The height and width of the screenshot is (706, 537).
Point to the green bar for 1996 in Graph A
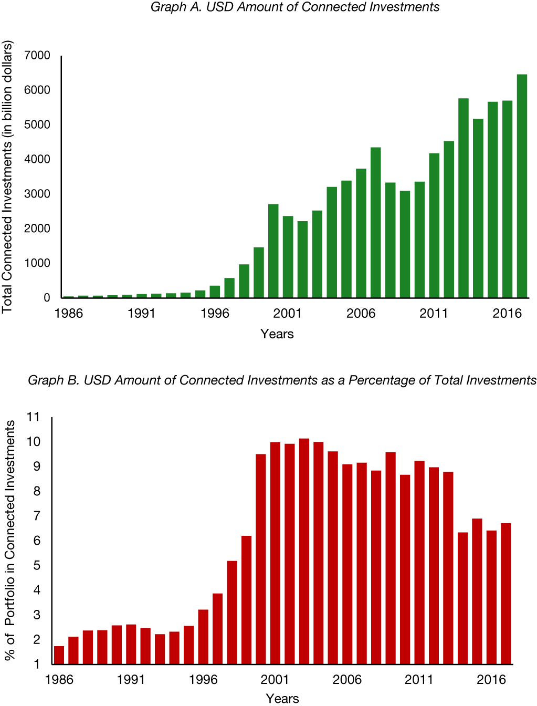point(215,292)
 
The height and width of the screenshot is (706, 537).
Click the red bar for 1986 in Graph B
point(59,655)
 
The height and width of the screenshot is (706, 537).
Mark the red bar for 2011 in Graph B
point(419,563)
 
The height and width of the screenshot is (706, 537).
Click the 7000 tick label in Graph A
point(37,56)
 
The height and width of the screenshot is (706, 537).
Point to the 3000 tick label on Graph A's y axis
point(37,194)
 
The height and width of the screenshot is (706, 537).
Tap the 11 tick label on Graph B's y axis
point(33,417)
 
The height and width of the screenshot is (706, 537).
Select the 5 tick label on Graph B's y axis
point(36,566)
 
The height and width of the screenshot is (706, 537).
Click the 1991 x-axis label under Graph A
point(142,314)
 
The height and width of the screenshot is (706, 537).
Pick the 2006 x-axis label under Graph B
point(347,680)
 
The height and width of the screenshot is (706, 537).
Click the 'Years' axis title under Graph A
point(277,334)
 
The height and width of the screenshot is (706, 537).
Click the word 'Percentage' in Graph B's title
point(382,380)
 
